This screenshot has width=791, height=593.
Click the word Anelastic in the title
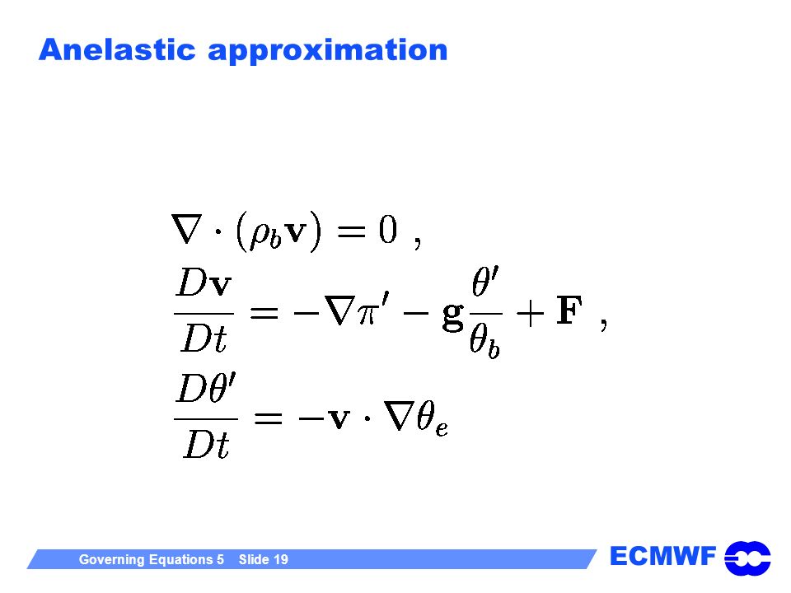click(x=117, y=50)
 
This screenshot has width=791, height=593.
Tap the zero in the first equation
click(x=388, y=230)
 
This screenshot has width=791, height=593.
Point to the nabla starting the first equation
click(x=187, y=230)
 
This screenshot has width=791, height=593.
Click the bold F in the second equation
click(x=569, y=311)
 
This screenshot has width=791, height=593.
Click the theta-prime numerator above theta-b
click(x=485, y=282)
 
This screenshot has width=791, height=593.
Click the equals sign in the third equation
click(x=268, y=418)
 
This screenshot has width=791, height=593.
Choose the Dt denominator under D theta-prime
click(x=207, y=444)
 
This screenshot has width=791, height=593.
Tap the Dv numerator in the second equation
click(x=204, y=282)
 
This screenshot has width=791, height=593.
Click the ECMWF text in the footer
click(x=662, y=556)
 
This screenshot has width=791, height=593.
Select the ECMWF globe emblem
click(x=747, y=558)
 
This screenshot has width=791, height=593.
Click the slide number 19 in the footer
click(x=280, y=559)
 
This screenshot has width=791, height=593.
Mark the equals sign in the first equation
click(x=351, y=231)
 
